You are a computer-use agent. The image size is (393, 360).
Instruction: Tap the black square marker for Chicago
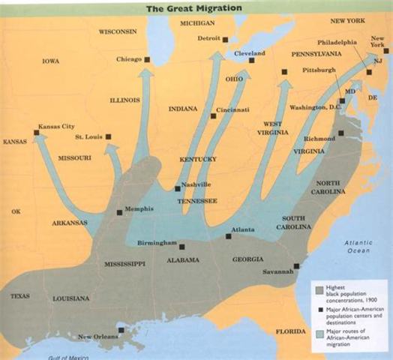148,58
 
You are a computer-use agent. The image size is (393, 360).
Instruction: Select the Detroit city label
210,38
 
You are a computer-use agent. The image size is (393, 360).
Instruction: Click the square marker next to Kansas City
37,133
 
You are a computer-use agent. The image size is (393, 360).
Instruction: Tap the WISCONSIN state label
116,31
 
